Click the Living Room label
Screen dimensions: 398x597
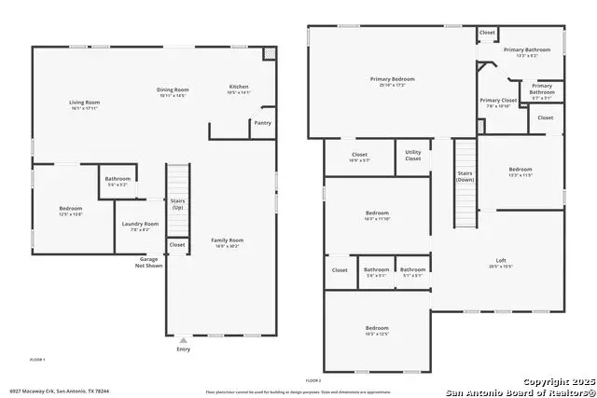[84, 103]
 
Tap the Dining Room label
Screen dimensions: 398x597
[172, 90]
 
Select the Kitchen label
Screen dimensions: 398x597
[240, 88]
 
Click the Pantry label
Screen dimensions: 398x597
[262, 122]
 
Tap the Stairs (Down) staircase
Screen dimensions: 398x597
[465, 182]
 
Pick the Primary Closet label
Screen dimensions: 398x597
[498, 101]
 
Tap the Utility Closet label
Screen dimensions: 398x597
[412, 157]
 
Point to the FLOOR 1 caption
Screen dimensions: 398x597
[38, 359]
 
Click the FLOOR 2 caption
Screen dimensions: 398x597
[313, 380]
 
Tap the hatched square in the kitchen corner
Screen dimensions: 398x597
[270, 54]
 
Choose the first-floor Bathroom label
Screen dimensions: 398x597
[118, 179]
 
